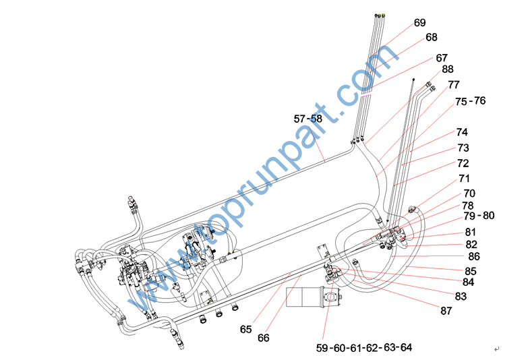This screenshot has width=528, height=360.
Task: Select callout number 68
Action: (x=432, y=38)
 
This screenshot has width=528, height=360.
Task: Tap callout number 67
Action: (x=442, y=58)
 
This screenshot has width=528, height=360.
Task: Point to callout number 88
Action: (x=448, y=69)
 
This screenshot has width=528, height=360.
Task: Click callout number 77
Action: (x=453, y=85)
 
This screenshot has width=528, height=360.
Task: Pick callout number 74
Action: (x=462, y=132)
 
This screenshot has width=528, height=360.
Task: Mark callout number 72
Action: (x=463, y=163)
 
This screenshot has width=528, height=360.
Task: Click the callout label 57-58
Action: (x=308, y=118)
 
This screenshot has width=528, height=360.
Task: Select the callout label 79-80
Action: (x=479, y=216)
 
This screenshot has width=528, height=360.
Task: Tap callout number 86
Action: (x=474, y=257)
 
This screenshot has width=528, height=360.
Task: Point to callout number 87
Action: (x=446, y=311)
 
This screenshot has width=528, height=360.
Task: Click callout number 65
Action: (x=247, y=330)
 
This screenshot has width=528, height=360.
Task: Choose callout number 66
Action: (x=263, y=337)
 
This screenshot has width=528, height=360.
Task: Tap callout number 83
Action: (x=461, y=296)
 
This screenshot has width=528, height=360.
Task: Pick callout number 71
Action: (x=464, y=179)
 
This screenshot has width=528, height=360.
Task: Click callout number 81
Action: (x=471, y=232)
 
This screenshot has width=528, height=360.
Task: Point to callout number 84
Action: (x=468, y=282)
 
